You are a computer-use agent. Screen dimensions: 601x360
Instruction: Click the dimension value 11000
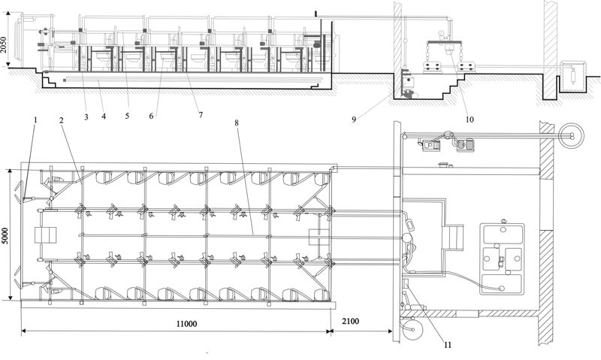[186, 324]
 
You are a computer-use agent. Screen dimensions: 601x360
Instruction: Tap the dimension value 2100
[351, 320]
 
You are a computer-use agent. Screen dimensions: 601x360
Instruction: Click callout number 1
[35, 120]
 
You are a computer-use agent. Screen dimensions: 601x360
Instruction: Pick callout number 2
[61, 120]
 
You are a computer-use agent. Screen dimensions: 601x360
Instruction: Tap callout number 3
[86, 117]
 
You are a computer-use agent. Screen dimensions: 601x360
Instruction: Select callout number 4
[104, 116]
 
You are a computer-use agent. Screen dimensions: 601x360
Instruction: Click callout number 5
[127, 115]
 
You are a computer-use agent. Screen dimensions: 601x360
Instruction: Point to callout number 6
[152, 116]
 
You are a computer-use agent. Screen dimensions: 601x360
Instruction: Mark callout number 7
[200, 114]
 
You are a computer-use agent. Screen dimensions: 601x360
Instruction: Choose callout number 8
[237, 123]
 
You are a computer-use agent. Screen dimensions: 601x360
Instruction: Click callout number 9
[354, 119]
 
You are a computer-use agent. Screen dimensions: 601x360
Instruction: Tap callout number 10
[470, 119]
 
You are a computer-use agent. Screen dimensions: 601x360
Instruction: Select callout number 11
[448, 345]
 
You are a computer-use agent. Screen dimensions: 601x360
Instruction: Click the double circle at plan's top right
[571, 126]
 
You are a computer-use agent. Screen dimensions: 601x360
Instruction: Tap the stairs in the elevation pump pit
[455, 86]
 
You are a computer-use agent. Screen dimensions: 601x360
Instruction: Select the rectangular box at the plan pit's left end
[45, 235]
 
